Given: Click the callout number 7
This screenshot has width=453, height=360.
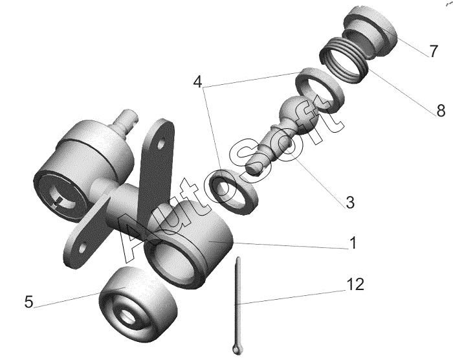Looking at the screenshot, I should point(432,51).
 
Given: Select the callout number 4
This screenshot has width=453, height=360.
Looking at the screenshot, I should point(197,83).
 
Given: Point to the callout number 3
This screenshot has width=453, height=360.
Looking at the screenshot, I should point(350,202).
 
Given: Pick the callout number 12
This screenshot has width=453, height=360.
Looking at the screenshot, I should point(355,284).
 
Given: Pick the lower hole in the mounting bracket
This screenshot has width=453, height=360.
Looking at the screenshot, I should point(82,247).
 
